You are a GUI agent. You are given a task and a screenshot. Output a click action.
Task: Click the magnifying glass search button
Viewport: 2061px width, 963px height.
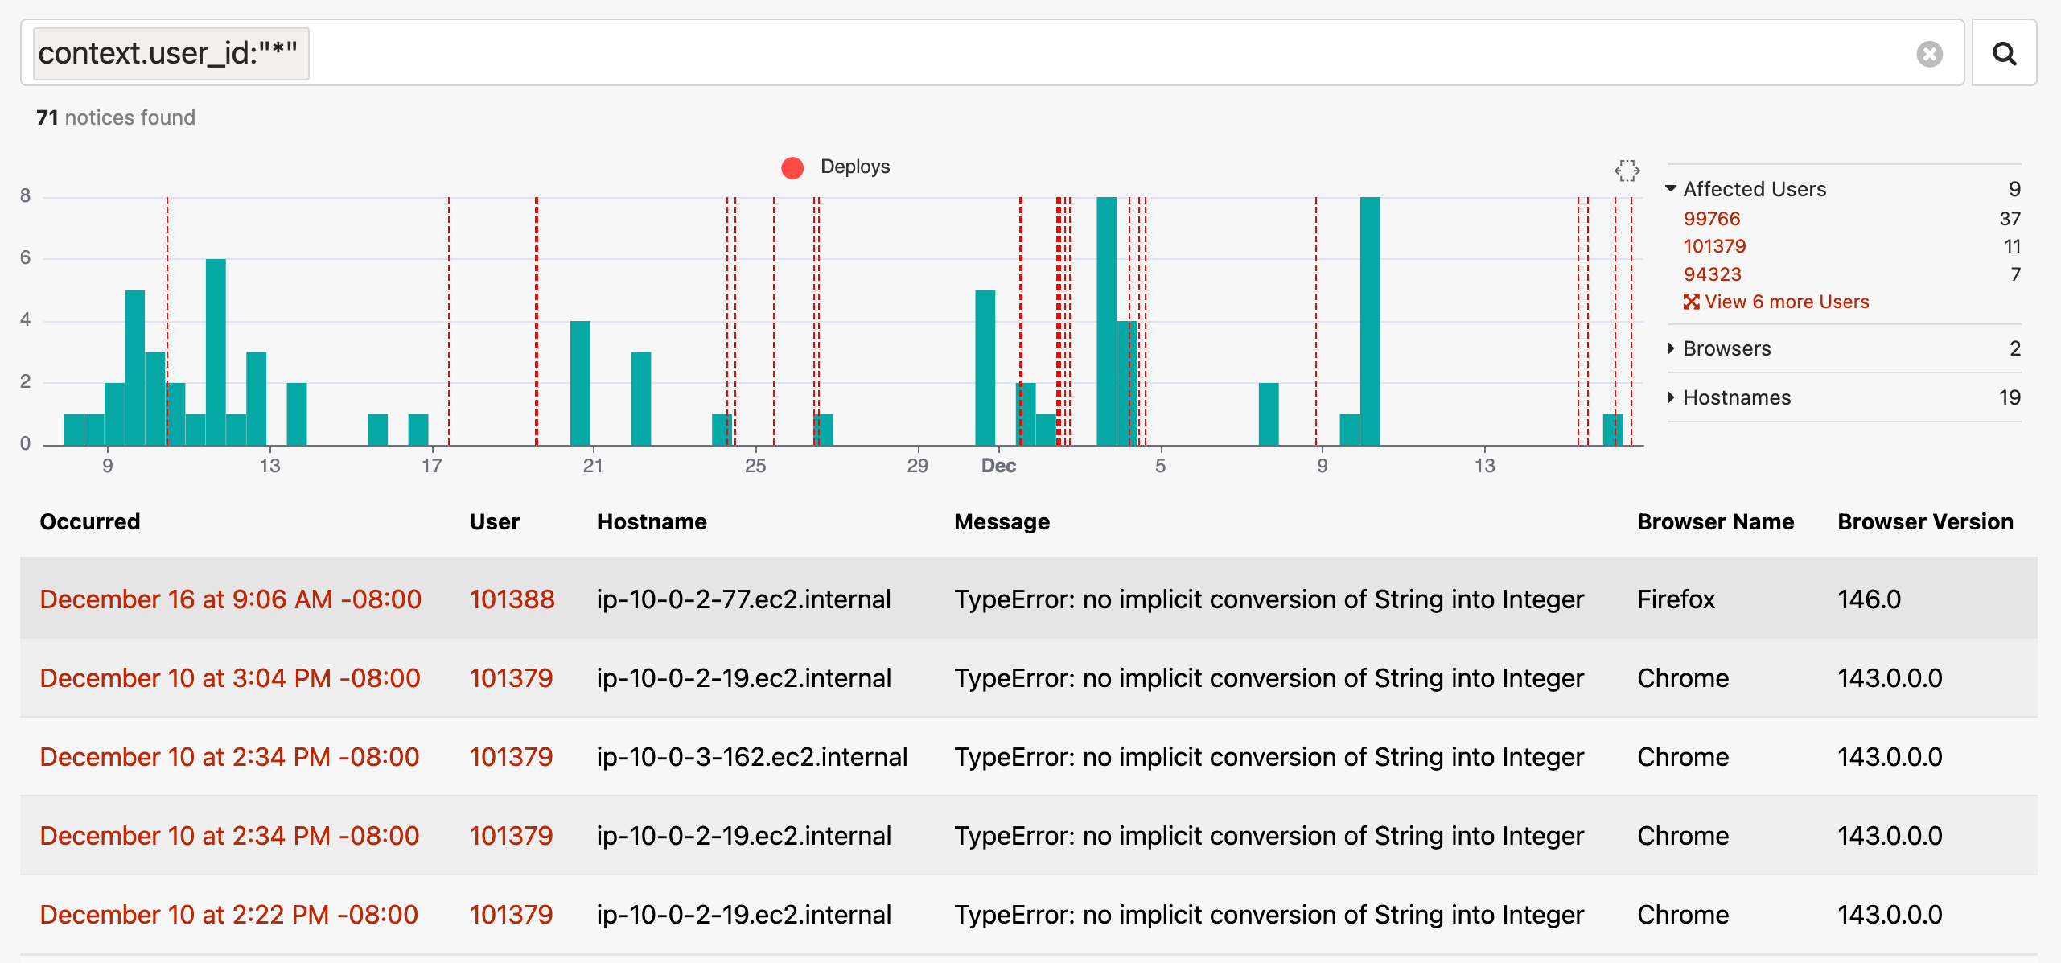tap(2004, 54)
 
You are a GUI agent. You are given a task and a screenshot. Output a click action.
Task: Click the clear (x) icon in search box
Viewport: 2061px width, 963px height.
tap(1929, 54)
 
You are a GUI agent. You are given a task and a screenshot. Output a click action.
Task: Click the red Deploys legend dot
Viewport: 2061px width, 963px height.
tap(792, 167)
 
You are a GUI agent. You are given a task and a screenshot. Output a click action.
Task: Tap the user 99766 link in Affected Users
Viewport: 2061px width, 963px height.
tap(1711, 219)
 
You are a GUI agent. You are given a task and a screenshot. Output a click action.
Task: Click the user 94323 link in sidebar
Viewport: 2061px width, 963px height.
tap(1712, 274)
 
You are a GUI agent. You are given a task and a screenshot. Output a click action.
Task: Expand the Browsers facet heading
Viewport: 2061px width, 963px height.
tap(1726, 348)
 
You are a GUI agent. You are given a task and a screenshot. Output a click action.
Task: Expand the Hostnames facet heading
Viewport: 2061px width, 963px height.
tap(1736, 397)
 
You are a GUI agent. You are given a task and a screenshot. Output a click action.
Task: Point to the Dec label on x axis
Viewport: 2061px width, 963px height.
tap(998, 466)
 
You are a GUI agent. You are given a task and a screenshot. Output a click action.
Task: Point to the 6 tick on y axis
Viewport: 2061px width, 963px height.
tap(26, 257)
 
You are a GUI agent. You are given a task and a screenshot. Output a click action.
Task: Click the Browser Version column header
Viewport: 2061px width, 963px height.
tap(1925, 522)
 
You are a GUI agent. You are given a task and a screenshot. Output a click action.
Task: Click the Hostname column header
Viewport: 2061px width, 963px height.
tap(652, 522)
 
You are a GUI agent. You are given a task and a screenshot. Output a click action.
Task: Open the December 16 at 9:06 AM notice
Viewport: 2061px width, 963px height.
tap(230, 599)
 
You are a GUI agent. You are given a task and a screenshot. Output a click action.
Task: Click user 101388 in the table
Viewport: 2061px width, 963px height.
tap(512, 599)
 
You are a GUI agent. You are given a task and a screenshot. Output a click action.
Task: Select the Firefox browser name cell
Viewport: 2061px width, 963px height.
tap(1676, 599)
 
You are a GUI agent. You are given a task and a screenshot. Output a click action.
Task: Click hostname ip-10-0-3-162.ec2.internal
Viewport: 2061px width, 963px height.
tap(751, 757)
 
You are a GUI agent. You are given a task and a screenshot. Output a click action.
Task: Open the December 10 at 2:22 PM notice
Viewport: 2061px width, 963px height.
tap(228, 915)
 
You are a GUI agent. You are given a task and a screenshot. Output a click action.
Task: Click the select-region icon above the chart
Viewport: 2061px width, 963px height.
tap(1627, 171)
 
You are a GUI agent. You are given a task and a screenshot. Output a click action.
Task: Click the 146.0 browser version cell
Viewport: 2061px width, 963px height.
tap(1869, 599)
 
